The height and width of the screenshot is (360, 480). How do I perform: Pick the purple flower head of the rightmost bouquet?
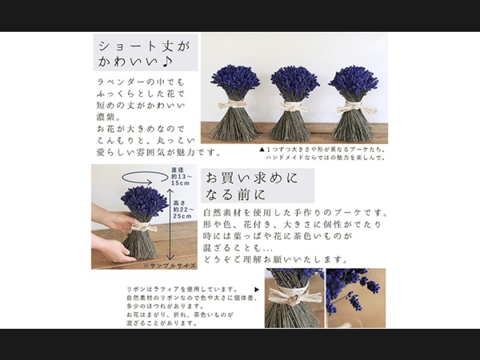tap(353, 81)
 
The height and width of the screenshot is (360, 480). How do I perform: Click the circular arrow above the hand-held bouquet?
tap(145, 178)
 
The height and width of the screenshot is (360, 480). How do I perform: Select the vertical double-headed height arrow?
tap(170, 224)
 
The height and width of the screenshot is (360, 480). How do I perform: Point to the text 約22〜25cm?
tap(182, 213)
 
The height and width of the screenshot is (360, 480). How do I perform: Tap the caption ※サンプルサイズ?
tap(170, 265)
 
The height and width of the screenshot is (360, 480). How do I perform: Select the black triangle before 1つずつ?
tap(262, 149)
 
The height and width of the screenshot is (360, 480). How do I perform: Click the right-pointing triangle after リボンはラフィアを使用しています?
tap(257, 290)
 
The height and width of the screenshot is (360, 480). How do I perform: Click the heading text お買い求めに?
tap(252, 178)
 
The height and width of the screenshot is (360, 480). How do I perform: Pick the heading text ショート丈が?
tap(144, 46)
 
